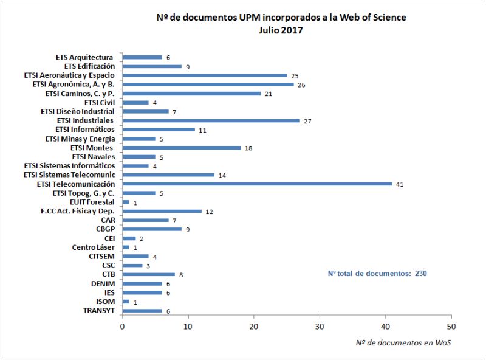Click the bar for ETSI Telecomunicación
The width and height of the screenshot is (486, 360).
257,184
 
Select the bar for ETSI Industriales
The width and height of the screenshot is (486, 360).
211,120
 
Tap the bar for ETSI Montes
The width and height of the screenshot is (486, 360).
182,148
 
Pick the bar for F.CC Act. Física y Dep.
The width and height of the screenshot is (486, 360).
162,211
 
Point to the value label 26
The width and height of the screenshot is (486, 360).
301,85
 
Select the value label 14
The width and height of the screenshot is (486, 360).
222,175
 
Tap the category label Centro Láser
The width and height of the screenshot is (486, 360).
93,247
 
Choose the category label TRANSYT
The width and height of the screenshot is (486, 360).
98,311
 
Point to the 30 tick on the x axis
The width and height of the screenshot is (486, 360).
320,326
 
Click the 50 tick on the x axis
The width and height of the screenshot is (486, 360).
451,326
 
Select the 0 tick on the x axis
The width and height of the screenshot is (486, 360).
123,326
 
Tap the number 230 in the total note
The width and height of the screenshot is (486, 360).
421,274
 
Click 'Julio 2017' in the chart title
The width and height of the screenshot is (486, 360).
281,30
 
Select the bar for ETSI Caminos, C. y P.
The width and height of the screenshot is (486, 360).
191,94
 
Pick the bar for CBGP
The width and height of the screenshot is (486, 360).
152,229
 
